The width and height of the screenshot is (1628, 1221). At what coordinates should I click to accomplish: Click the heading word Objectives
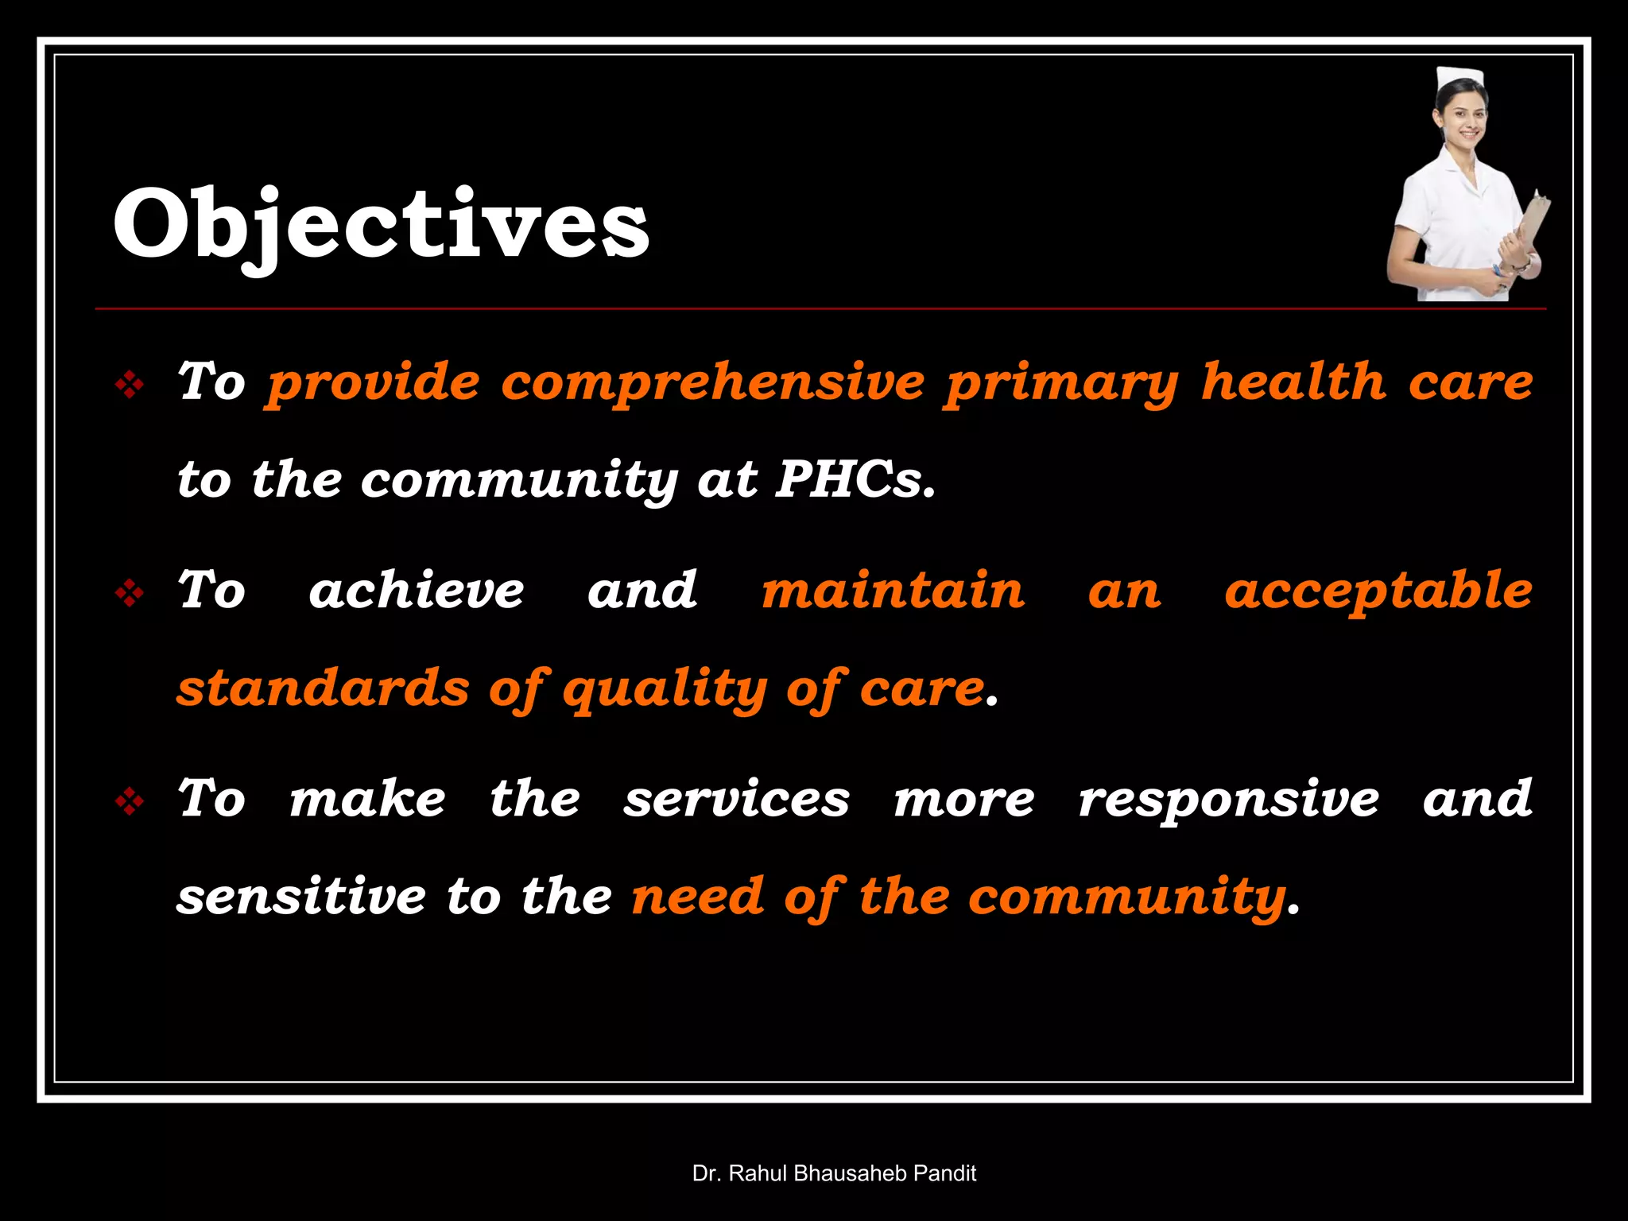(x=382, y=225)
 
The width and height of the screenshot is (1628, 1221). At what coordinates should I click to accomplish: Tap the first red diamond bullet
(x=129, y=386)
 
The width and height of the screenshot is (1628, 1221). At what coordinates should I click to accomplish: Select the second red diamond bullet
(x=129, y=594)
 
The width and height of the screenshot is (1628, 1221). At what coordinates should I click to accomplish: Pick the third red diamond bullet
(x=129, y=802)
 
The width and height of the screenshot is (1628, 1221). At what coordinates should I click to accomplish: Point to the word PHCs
(x=855, y=480)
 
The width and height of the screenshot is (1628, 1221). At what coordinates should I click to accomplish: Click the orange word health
(x=1293, y=382)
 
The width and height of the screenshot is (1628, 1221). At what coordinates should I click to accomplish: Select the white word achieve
(x=417, y=591)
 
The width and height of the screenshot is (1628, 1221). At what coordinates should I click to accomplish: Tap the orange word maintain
(x=893, y=591)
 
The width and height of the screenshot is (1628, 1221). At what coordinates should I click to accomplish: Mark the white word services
(x=736, y=800)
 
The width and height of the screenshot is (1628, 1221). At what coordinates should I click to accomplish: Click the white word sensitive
(x=301, y=897)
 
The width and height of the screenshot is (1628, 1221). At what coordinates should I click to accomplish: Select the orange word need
(x=697, y=897)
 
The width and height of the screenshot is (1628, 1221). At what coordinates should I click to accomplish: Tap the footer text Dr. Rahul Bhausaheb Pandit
(x=834, y=1173)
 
